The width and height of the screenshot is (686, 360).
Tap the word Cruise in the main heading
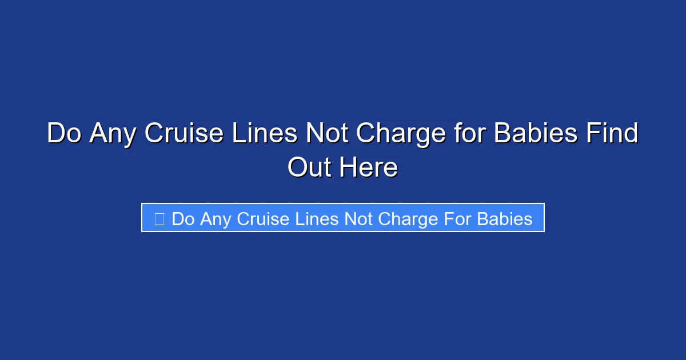[x=184, y=134]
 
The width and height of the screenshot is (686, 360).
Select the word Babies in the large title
[x=535, y=134]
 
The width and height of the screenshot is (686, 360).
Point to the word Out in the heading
[x=309, y=168]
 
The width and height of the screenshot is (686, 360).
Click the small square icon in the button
[x=159, y=219]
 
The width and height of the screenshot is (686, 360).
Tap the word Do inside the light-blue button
[x=183, y=219]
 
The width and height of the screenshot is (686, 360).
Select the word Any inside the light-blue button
[x=216, y=219]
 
